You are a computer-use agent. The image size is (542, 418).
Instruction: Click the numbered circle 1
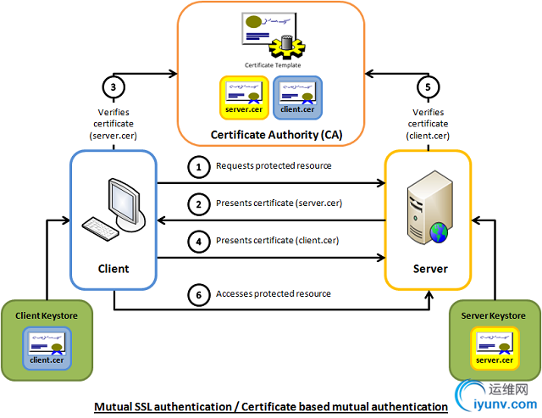(x=199, y=167)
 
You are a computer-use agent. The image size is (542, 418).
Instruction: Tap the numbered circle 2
(x=199, y=204)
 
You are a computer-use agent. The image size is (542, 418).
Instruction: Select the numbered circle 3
(x=113, y=87)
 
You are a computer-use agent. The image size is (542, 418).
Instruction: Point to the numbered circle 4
(x=199, y=241)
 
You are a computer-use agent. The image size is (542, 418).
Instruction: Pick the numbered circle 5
(x=428, y=87)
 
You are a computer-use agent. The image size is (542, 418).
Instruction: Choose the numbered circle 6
(x=199, y=294)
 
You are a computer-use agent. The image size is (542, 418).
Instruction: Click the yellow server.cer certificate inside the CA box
(x=244, y=95)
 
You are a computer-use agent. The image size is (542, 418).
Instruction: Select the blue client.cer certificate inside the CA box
(x=297, y=95)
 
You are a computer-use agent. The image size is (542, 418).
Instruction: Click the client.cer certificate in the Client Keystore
(x=47, y=347)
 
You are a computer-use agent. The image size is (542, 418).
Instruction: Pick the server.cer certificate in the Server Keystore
(x=494, y=347)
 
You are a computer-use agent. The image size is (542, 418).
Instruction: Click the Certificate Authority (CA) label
(x=270, y=134)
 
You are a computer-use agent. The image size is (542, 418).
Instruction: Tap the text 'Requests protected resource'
(x=274, y=166)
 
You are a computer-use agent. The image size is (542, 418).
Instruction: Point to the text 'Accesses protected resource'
(x=274, y=293)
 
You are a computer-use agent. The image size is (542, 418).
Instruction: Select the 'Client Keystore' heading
(x=48, y=315)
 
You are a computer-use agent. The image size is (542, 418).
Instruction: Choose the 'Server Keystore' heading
(x=493, y=315)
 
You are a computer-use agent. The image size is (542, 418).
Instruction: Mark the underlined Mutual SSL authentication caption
(x=271, y=407)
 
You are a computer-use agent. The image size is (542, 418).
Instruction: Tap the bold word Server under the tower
(x=429, y=269)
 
